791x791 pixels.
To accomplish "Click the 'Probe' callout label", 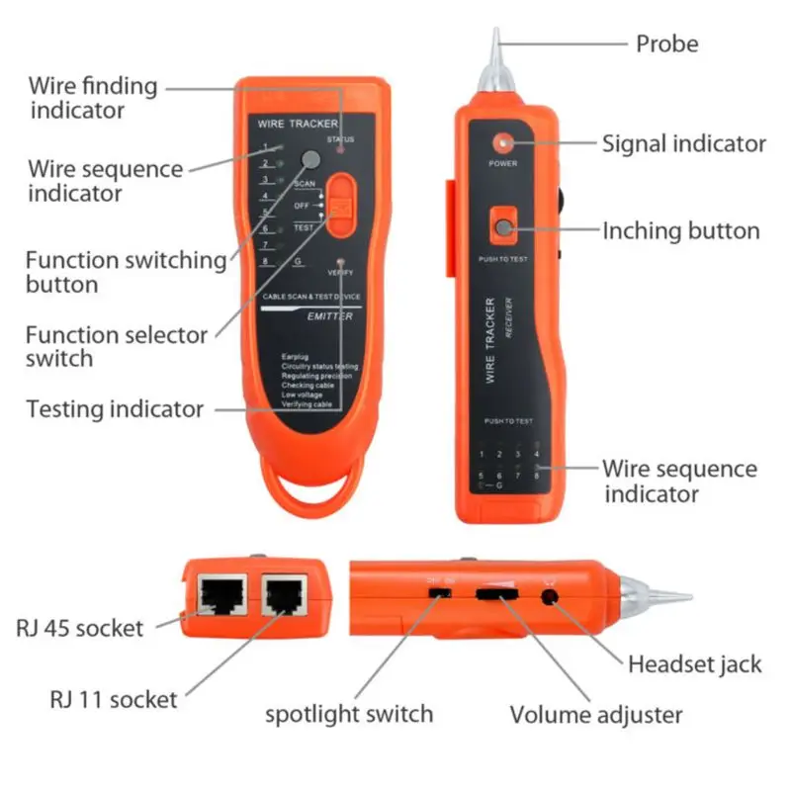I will coord(666,44).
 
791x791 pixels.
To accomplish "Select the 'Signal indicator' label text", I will coord(684,143).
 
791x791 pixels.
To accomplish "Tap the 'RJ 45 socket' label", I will coord(80,627).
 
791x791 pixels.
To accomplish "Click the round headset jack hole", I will coord(550,596).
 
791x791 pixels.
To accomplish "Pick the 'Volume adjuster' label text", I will coord(595,714).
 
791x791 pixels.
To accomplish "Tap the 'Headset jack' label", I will coord(695,662).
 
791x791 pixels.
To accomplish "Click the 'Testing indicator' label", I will coord(115,408).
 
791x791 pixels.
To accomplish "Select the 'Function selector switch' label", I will coord(116,346).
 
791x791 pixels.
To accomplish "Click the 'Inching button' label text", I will coord(681,231).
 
